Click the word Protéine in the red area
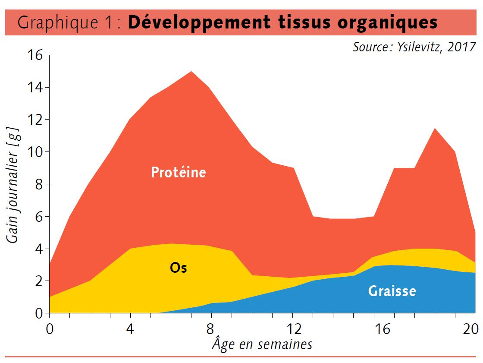click(x=178, y=172)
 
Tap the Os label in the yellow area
click(x=178, y=268)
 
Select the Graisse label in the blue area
click(x=392, y=291)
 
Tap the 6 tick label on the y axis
click(x=39, y=216)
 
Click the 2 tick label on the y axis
click(x=39, y=281)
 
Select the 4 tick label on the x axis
click(x=130, y=329)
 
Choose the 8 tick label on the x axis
click(x=212, y=329)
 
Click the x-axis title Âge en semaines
click(x=262, y=344)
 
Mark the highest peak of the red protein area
click(x=191, y=72)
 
